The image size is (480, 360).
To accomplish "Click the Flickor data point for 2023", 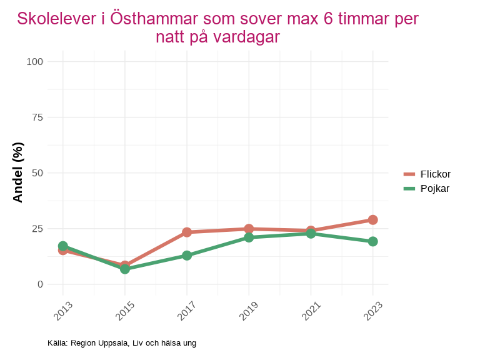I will [x=372, y=220].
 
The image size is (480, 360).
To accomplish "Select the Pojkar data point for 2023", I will [x=372, y=241].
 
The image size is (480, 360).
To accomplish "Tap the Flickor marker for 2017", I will [x=187, y=232].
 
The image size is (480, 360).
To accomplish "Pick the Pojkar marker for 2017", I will [x=187, y=256].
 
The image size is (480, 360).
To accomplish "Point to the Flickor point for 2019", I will [x=249, y=229].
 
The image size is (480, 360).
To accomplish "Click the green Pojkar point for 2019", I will [x=249, y=237].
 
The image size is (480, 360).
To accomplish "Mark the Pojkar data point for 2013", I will [x=62, y=246].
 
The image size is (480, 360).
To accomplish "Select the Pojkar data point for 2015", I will [x=125, y=269].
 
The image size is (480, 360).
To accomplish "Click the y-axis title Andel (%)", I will [x=18, y=172].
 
